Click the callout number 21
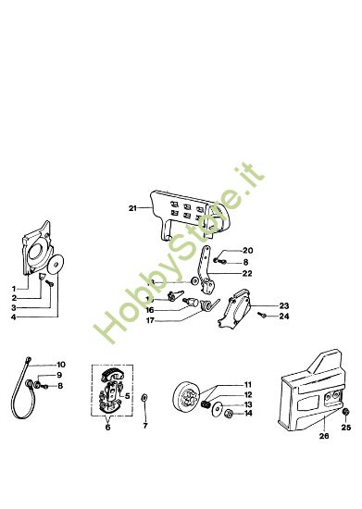(132, 208)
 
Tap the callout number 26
(324, 436)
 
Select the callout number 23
(284, 305)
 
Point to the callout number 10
(61, 365)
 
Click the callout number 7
(145, 426)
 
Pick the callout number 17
(150, 320)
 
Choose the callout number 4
(13, 317)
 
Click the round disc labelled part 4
(56, 265)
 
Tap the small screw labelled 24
(262, 315)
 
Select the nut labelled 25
(346, 412)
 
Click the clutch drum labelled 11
(187, 394)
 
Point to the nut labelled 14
(229, 414)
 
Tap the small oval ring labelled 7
(144, 398)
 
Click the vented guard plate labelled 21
(190, 216)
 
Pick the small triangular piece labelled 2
(42, 277)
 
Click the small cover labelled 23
(235, 308)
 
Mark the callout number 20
(248, 251)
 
